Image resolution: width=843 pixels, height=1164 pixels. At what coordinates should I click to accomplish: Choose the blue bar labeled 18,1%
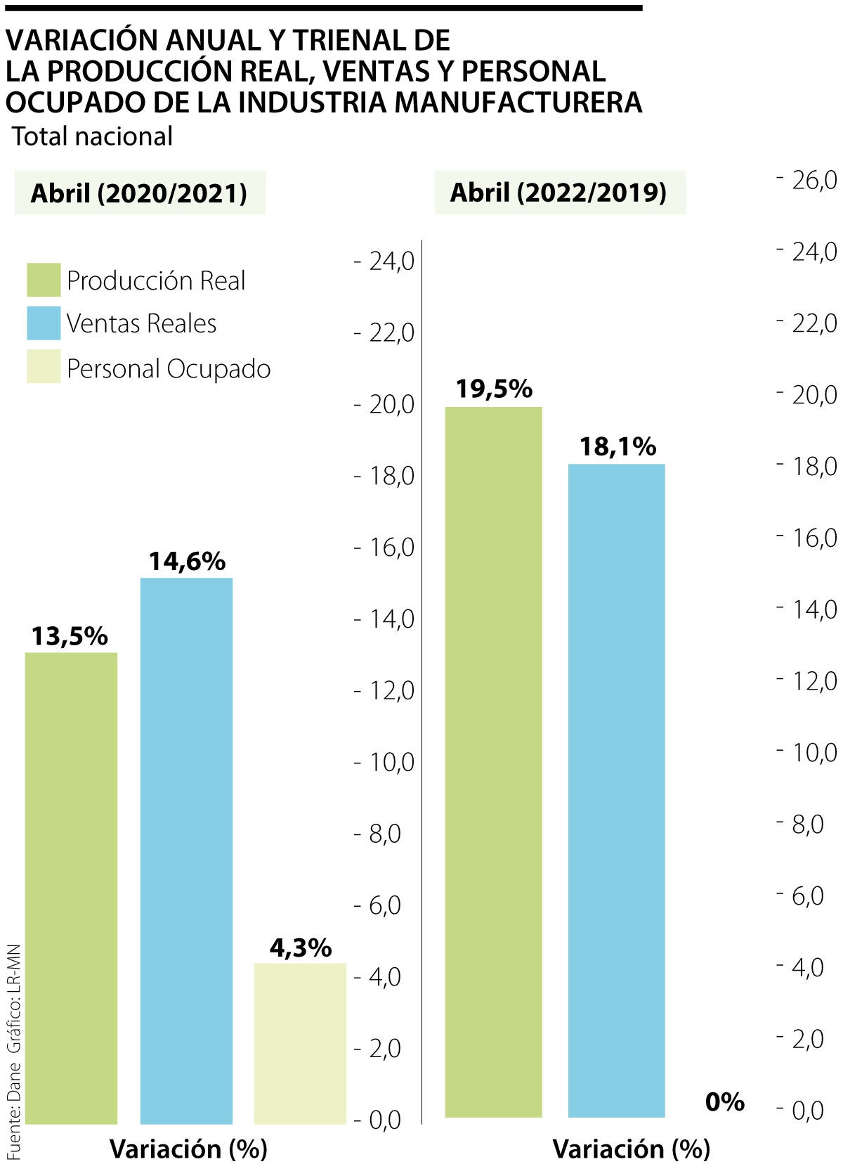(616, 790)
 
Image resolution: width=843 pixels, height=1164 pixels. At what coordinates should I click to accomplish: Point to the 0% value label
(724, 1101)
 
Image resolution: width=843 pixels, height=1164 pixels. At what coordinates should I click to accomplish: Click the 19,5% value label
(493, 389)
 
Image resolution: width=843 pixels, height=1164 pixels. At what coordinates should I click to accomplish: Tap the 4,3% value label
(300, 948)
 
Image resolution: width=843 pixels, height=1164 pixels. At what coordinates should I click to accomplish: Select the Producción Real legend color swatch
(44, 280)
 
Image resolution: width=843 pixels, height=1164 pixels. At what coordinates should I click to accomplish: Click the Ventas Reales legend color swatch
(44, 323)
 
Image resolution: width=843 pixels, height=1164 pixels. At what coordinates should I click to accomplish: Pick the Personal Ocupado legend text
(169, 368)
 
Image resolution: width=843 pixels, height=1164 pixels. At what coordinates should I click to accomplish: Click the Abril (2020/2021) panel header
(139, 193)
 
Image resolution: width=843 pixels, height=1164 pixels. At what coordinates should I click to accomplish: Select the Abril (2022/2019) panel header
(558, 192)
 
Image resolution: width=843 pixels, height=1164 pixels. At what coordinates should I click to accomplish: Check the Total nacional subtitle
(92, 136)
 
